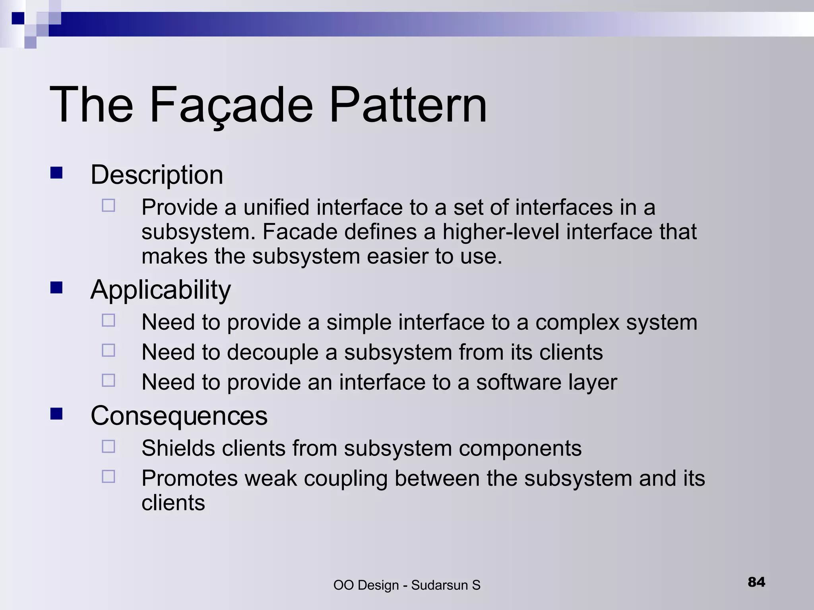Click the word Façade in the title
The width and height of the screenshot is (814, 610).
[231, 106]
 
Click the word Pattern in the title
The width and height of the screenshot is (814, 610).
[408, 106]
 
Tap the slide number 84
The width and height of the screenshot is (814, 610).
[756, 582]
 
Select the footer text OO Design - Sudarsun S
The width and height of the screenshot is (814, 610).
[407, 585]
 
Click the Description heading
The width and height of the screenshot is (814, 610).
[157, 175]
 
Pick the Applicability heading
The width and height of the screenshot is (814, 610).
[160, 290]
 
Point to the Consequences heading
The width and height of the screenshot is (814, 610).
[179, 416]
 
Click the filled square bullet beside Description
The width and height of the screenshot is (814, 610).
[56, 173]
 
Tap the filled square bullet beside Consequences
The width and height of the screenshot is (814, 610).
[56, 414]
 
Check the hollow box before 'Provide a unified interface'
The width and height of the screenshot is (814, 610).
[109, 205]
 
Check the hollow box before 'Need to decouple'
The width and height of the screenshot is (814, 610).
[109, 350]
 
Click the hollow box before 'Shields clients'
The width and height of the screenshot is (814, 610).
[109, 446]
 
